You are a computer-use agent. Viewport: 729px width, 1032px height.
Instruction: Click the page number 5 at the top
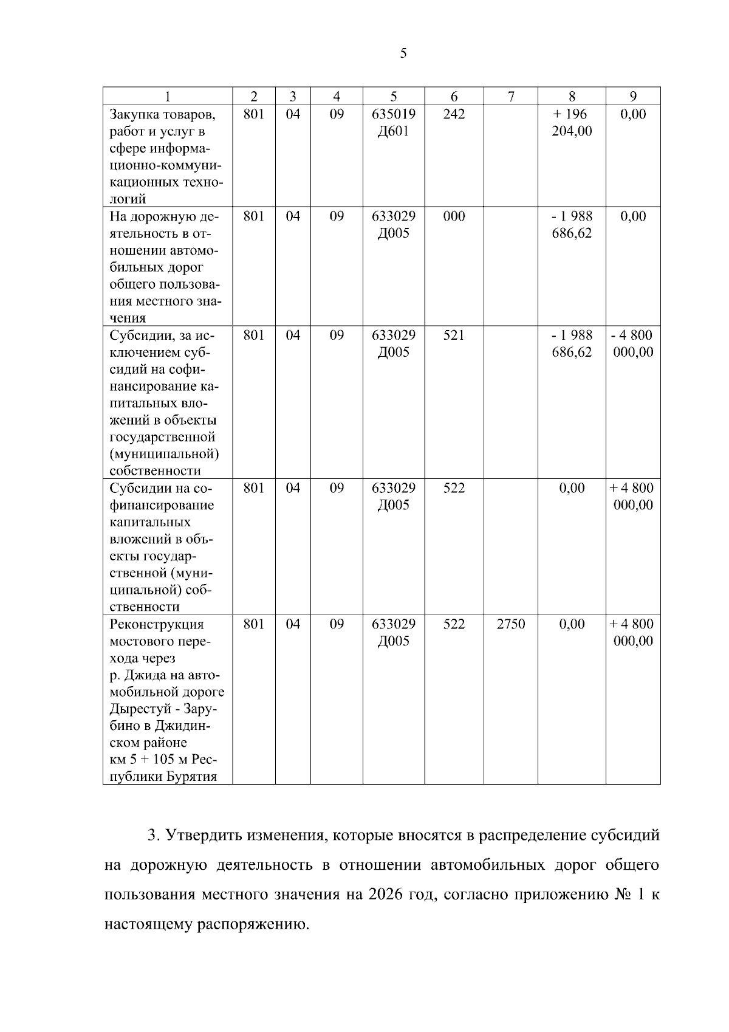tap(403, 53)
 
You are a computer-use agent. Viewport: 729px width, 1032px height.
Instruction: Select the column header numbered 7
tap(510, 96)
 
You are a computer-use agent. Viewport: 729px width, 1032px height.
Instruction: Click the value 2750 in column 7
tap(510, 624)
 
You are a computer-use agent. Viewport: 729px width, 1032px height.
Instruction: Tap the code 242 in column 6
tap(454, 114)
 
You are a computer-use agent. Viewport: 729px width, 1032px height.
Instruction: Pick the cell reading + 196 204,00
tap(572, 123)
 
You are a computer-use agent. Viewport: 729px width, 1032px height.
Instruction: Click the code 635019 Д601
tap(394, 123)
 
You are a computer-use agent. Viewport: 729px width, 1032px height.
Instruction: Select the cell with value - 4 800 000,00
tap(633, 344)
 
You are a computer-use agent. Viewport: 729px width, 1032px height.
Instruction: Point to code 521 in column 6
tap(454, 335)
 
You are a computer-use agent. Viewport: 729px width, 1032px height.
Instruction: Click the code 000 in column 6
tap(454, 216)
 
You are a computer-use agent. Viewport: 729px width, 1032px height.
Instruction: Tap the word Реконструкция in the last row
tap(157, 625)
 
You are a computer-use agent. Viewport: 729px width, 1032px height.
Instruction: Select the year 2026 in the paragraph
tap(386, 895)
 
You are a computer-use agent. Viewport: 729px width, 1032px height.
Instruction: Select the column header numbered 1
tap(168, 96)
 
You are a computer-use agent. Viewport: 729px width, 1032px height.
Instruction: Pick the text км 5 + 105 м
tap(148, 760)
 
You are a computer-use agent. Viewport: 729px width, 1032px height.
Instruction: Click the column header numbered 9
tap(633, 96)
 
